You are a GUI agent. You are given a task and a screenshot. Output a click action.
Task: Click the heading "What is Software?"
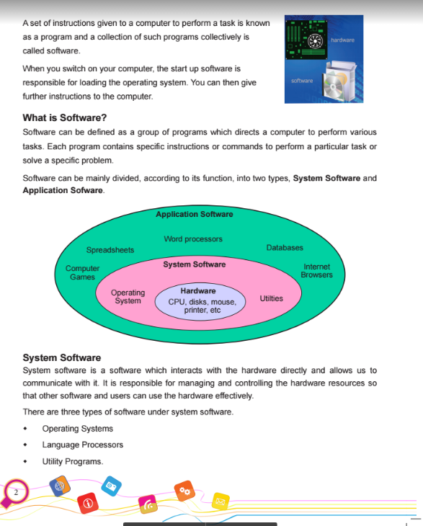coord(65,117)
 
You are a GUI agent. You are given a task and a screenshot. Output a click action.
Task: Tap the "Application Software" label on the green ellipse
coord(194,214)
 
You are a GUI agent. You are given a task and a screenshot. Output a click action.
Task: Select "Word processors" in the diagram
coord(193,239)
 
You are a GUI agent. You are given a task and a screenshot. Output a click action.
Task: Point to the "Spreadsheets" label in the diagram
coord(110,250)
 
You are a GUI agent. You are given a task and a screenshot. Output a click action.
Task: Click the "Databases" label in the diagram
coord(285,247)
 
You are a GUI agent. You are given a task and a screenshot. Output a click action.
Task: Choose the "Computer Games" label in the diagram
coord(82,272)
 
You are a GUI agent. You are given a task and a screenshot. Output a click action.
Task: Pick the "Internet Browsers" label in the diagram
coord(317,270)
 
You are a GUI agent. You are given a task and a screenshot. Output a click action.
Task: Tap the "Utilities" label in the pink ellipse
coord(271,298)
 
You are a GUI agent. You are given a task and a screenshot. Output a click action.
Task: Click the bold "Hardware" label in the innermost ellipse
coord(197,290)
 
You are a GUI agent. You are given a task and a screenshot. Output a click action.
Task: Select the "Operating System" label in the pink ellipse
coord(128,297)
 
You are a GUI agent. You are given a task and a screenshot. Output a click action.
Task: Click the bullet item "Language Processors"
coord(82,445)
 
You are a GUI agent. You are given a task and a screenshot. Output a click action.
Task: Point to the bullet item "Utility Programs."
coord(73,461)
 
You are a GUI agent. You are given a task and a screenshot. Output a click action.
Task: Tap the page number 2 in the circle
coord(14,492)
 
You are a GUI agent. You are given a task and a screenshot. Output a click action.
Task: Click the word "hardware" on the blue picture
coord(342,40)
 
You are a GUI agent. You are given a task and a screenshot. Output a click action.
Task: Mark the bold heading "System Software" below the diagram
coord(62,357)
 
